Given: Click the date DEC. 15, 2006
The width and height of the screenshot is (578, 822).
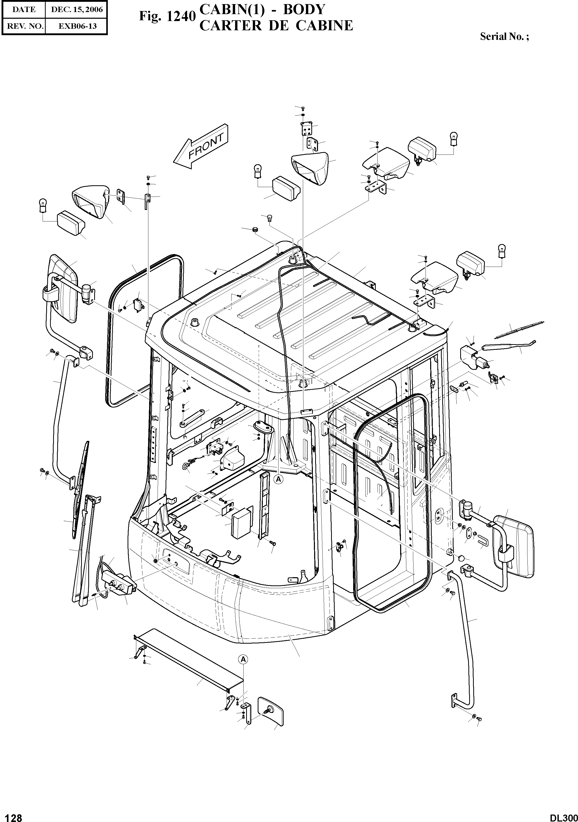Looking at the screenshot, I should point(77,10).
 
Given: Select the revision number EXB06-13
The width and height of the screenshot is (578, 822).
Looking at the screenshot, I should point(77,26).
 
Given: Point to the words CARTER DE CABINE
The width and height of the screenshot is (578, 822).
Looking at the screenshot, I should point(276,26).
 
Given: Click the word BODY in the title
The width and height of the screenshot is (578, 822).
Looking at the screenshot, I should point(304,10).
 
